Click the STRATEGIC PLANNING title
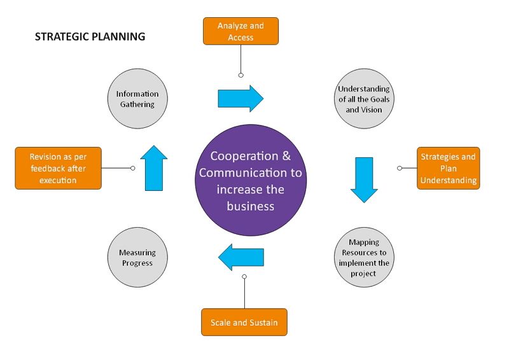[x=90, y=37]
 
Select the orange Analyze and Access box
[x=241, y=31]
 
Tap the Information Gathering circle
[x=137, y=99]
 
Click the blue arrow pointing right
[x=241, y=99]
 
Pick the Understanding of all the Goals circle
[x=364, y=99]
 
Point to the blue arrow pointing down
[x=364, y=179]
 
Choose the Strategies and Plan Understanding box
[x=449, y=169]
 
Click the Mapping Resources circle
[x=364, y=258]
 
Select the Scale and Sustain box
[x=244, y=322]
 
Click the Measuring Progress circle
[x=137, y=258]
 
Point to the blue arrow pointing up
[x=155, y=169]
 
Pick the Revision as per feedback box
[x=58, y=169]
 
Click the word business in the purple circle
[x=250, y=205]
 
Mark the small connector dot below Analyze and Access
[x=241, y=75]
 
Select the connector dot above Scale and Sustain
[x=244, y=277]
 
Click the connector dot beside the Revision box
[x=132, y=169]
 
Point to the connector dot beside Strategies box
[x=400, y=169]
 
